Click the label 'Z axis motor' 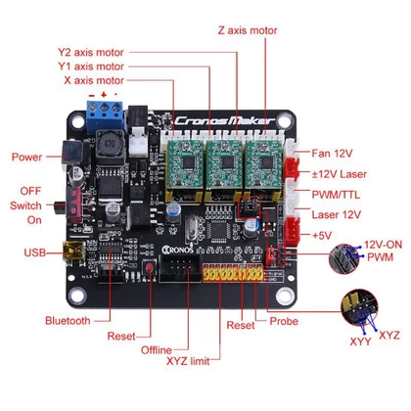pyautogui.click(x=248, y=30)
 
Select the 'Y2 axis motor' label pyautogui.click(x=91, y=52)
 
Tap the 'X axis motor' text pyautogui.click(x=94, y=80)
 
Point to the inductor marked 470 pyautogui.click(x=111, y=145)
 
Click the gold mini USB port pyautogui.click(x=73, y=251)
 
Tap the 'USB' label pyautogui.click(x=34, y=252)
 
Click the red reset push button pyautogui.click(x=150, y=268)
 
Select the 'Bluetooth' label pyautogui.click(x=68, y=320)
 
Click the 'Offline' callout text pyautogui.click(x=157, y=350)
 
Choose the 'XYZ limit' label pyautogui.click(x=188, y=361)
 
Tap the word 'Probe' pyautogui.click(x=284, y=321)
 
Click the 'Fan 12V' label pyautogui.click(x=332, y=153)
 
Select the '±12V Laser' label pyautogui.click(x=340, y=174)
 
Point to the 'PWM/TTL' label pyautogui.click(x=336, y=195)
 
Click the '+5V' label pyautogui.click(x=322, y=235)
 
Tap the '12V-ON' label pyautogui.click(x=383, y=245)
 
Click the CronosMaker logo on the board pyautogui.click(x=225, y=121)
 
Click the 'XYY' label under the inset pyautogui.click(x=360, y=342)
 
